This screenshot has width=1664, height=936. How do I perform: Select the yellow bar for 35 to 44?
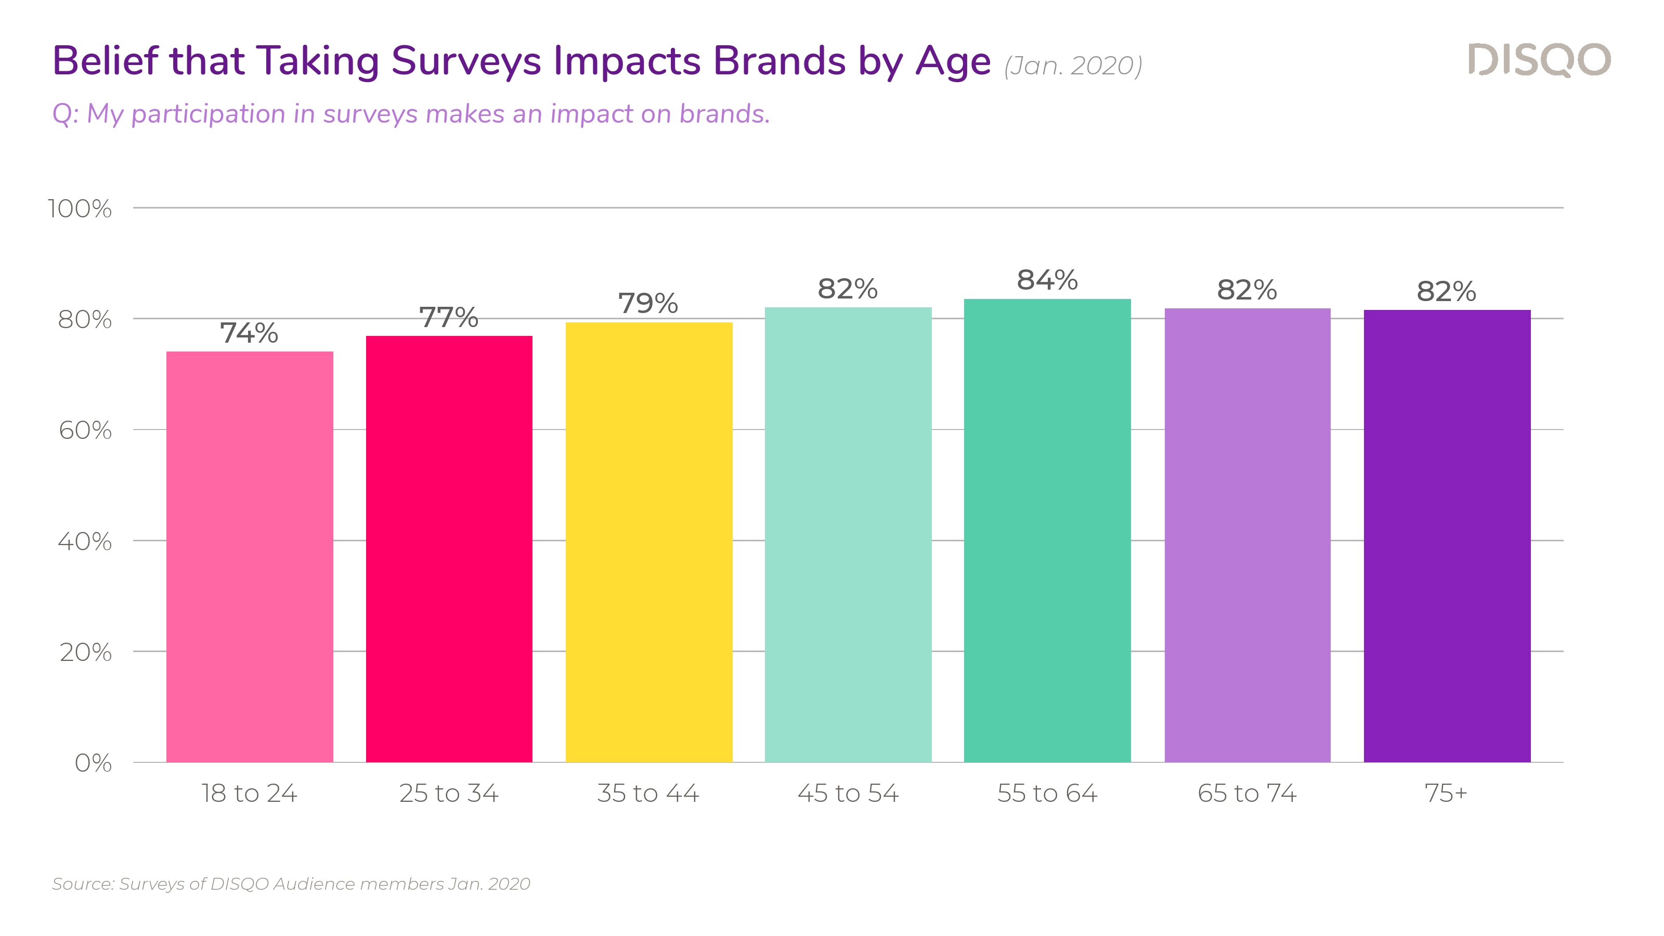(648, 542)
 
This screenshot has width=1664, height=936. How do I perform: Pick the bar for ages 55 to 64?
(1047, 530)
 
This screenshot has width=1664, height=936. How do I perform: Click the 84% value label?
(1047, 280)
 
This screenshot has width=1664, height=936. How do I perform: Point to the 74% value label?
(250, 333)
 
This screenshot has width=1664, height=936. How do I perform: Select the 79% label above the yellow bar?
(648, 304)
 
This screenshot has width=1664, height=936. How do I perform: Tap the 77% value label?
(449, 318)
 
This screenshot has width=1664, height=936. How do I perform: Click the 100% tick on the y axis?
(80, 209)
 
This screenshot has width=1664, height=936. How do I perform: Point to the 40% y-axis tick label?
(85, 541)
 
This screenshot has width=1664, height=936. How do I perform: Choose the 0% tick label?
(93, 763)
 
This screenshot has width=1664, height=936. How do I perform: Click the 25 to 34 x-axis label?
(449, 793)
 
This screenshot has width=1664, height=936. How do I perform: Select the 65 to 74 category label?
(1247, 793)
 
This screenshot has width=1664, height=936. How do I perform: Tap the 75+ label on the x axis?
(1446, 793)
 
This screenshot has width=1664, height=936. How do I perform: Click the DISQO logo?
(1539, 60)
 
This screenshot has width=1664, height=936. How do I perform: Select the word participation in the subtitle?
(208, 114)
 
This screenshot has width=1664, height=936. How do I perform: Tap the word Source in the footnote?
(82, 883)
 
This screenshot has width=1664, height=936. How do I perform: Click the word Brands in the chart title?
(779, 61)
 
